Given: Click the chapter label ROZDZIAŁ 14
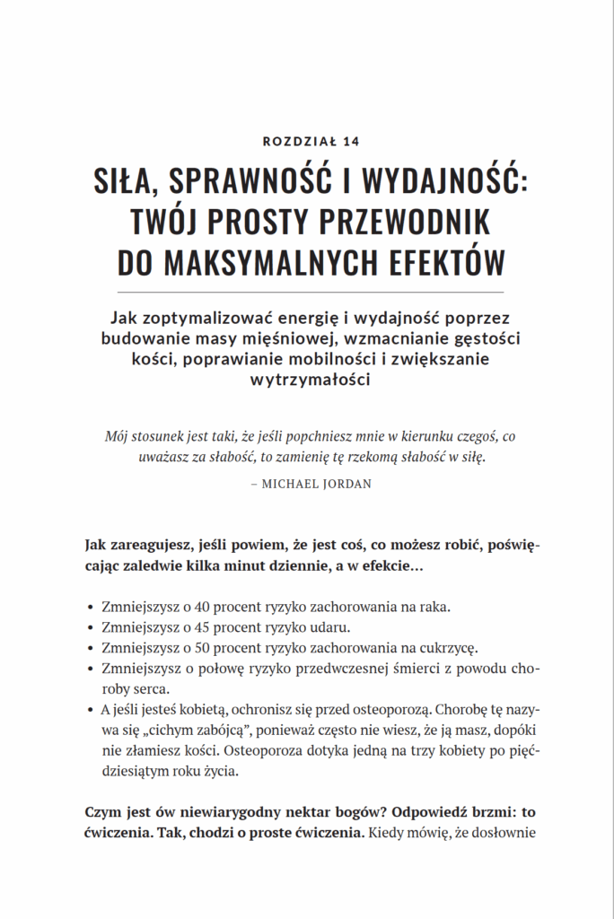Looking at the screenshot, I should tap(306, 140).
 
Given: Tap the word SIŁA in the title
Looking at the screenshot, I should tap(126, 179).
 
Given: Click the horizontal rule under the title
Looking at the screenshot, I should tap(306, 293).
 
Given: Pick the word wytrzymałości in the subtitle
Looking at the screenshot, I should tap(307, 379).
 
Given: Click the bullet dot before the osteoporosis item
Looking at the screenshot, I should tap(92, 710).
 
